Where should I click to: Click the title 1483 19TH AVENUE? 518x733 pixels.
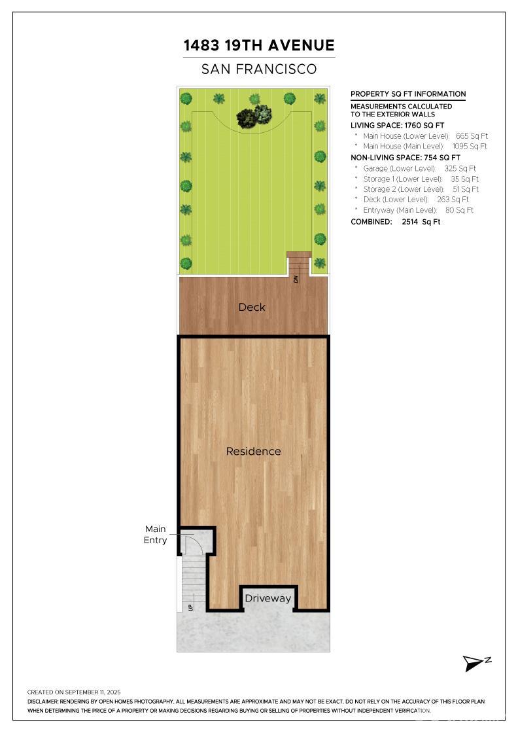(259, 45)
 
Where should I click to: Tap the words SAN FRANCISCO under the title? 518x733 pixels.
(259, 69)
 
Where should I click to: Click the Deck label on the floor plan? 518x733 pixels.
(252, 307)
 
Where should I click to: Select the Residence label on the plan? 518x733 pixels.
(253, 451)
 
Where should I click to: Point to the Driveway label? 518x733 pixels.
(268, 598)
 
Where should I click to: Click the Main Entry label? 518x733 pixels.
(155, 534)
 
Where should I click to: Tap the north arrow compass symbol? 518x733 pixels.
(476, 664)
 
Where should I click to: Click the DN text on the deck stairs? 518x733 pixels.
(296, 279)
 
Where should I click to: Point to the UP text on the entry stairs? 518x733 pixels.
(190, 607)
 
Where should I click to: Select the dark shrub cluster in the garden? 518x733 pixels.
(254, 116)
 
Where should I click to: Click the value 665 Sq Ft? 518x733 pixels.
(472, 136)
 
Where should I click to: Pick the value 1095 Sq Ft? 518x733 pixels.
(470, 147)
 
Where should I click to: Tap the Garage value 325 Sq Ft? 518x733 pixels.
(460, 168)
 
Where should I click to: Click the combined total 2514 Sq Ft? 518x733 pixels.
(421, 222)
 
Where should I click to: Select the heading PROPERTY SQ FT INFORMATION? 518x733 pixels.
(408, 94)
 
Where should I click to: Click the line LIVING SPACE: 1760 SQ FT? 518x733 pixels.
(398, 125)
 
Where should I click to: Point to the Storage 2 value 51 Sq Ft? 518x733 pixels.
(465, 189)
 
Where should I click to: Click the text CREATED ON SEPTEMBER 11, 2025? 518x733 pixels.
(74, 692)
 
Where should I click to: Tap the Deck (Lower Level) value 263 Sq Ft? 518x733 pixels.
(453, 200)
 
